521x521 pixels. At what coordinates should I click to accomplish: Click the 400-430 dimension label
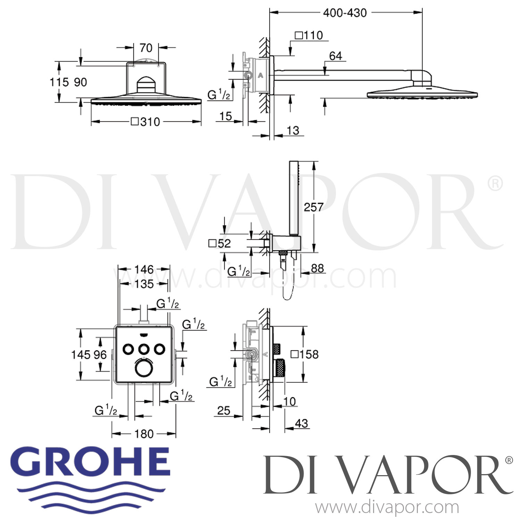click(345, 13)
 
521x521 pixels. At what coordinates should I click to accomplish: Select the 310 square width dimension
click(146, 122)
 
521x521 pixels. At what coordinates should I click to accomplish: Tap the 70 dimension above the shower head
click(146, 48)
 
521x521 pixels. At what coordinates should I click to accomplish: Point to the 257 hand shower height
click(313, 207)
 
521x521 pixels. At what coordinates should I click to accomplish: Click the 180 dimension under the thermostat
click(144, 434)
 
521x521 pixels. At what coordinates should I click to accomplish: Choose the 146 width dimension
click(144, 269)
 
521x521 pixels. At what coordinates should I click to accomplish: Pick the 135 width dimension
click(144, 284)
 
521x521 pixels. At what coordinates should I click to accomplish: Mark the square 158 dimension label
click(304, 354)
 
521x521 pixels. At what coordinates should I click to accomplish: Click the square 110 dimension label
click(309, 35)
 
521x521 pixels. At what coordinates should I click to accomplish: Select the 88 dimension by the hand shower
click(317, 268)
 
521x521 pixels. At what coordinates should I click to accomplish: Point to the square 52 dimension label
click(220, 243)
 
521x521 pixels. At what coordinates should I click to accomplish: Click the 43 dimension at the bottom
click(301, 423)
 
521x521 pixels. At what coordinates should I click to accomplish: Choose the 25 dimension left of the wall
click(224, 411)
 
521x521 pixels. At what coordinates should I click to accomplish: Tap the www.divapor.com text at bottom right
click(387, 508)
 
